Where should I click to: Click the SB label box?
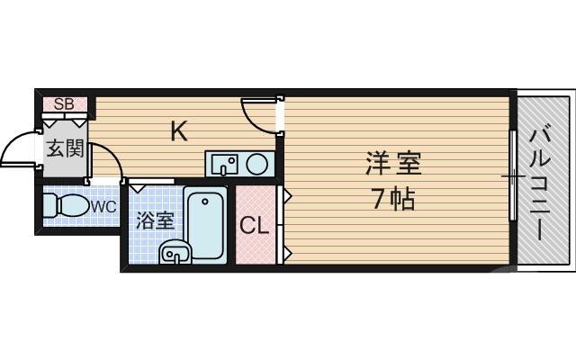(64, 103)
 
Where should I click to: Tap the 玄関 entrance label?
(65, 148)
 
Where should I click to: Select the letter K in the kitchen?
(179, 131)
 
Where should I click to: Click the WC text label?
(103, 206)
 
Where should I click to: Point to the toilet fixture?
(64, 206)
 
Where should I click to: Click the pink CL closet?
(254, 226)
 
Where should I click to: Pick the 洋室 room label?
(393, 166)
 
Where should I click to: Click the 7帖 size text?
(393, 200)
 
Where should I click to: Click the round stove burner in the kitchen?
(257, 164)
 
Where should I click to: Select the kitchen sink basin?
(225, 164)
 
